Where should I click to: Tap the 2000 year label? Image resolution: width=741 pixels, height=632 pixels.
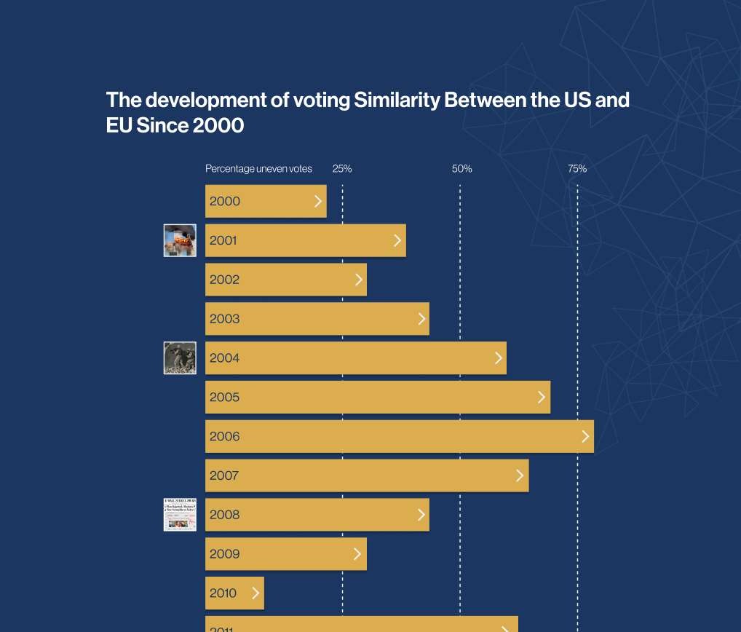[x=224, y=202]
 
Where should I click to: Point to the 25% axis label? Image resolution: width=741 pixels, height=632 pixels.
[x=342, y=169]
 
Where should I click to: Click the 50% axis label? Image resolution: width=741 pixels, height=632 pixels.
[x=461, y=169]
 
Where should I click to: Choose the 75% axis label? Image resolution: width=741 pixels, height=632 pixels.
[x=577, y=169]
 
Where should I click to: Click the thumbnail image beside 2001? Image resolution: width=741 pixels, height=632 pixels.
[x=180, y=240]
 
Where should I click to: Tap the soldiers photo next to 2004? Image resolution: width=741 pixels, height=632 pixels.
[x=180, y=358]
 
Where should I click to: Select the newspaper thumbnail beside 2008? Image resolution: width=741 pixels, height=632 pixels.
[x=180, y=515]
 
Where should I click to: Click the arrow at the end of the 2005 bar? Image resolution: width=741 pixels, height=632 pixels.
[x=542, y=397]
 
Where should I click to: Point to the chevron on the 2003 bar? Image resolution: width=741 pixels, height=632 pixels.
[x=421, y=318]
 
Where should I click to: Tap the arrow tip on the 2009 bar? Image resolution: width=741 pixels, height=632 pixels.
[x=357, y=554]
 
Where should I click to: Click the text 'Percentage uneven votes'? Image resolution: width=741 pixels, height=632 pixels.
[x=258, y=169]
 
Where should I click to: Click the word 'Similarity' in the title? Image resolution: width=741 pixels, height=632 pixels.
[x=397, y=100]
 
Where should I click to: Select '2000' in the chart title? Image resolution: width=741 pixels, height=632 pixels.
[x=218, y=126]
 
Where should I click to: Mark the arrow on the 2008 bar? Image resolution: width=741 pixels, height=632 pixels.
[x=421, y=515]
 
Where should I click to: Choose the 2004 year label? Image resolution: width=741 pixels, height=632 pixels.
[x=224, y=358]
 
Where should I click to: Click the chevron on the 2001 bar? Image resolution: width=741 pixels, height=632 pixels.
[x=397, y=240]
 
